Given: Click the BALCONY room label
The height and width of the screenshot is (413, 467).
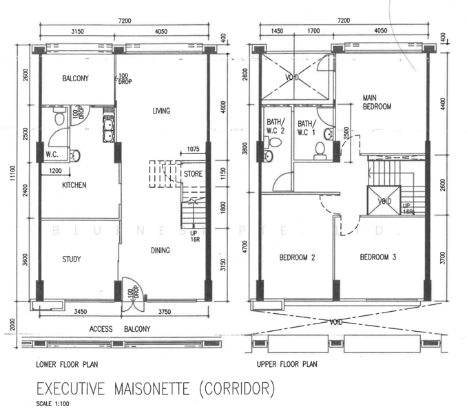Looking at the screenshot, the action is pos(75,78).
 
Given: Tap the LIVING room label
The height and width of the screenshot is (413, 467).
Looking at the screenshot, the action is pos(161,111).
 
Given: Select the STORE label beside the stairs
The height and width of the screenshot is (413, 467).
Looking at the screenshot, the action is pos(193,173).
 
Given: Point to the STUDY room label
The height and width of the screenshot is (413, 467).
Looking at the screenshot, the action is pos(72,260).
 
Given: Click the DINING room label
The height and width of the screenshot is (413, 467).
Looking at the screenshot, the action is pos(160,251).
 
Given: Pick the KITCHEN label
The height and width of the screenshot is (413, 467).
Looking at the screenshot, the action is pos(74,185).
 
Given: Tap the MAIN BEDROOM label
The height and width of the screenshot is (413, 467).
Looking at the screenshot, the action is pos(377,102).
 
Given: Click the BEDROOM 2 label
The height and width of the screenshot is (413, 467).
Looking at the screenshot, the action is pos(297,257).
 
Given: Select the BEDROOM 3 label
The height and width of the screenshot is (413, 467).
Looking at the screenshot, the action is pos(378,257).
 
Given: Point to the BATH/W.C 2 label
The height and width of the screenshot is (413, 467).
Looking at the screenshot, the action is pos(276,126).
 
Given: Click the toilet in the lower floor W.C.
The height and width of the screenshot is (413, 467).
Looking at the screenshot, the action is pos(59,116).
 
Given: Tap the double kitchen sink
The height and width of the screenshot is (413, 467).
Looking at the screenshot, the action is pos(108,130).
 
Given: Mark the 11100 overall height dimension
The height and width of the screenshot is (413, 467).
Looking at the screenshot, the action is pos(14,174).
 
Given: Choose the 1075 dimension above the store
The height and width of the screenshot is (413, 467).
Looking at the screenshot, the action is pos(194,149).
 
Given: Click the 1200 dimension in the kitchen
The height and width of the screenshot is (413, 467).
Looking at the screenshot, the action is pos(55,171).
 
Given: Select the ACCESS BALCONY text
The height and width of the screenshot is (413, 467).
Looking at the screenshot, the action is pos(120,329).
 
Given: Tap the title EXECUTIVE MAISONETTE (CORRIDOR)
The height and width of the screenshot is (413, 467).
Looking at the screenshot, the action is pos(156,389).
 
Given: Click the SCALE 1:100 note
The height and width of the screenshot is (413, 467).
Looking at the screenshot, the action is pos(53,404).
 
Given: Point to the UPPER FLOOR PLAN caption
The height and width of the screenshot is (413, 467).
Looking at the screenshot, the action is pos(287,364).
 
